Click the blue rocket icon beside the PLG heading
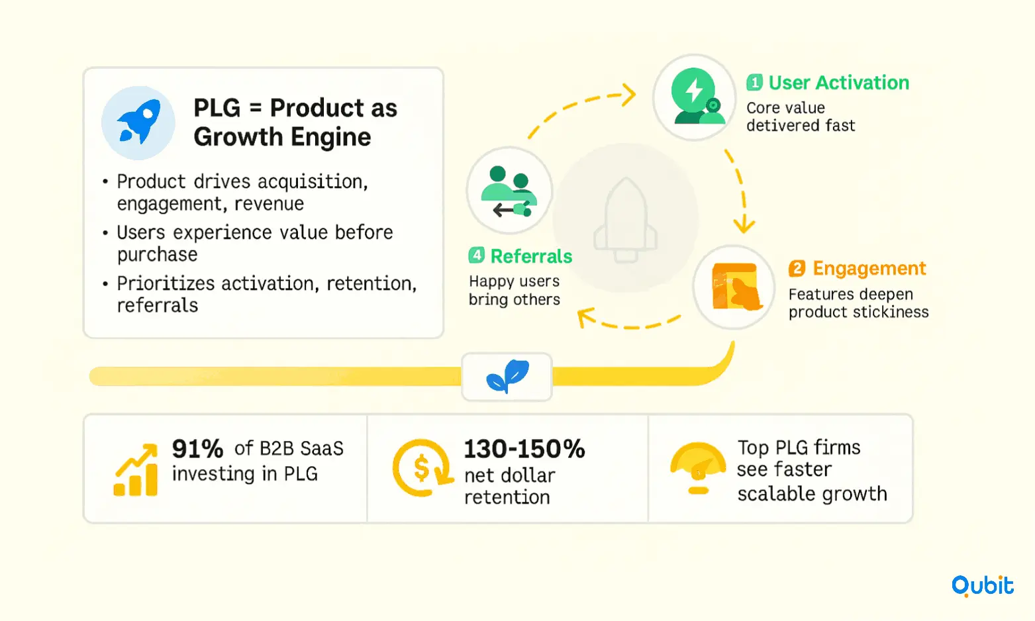[x=138, y=122]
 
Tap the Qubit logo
[x=982, y=587]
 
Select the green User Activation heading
[x=838, y=83]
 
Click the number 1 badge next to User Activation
[x=754, y=83]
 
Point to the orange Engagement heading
[x=869, y=268]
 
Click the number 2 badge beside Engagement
[x=797, y=268]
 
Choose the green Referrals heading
[x=531, y=256]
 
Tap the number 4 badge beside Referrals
[x=476, y=255]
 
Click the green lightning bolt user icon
[x=696, y=96]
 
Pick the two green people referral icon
[x=509, y=191]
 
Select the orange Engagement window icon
[x=736, y=287]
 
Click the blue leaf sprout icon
[x=507, y=376]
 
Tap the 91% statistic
[x=198, y=449]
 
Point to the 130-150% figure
[x=524, y=449]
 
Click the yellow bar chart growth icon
[x=136, y=469]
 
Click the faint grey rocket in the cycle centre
[x=626, y=220]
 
